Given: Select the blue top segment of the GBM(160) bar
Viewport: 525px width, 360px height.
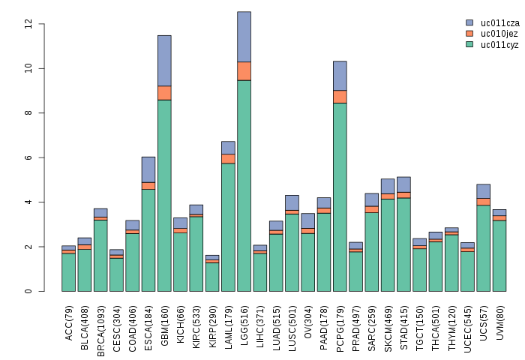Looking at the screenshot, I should [164, 61].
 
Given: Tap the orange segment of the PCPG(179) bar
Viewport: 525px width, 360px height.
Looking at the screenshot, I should [340, 96].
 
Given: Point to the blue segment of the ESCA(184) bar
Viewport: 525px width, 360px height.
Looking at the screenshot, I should [148, 169].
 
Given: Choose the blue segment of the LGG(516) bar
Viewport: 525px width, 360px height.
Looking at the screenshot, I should [244, 37].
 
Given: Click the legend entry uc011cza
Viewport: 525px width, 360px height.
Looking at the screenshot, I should [499, 23].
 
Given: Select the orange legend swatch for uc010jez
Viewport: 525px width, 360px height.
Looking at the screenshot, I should [469, 34].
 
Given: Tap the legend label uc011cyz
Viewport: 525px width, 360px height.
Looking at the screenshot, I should [499, 45].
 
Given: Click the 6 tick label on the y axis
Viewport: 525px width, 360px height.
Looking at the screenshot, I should [28, 157].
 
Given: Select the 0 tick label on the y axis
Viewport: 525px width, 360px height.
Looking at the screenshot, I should [28, 291].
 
